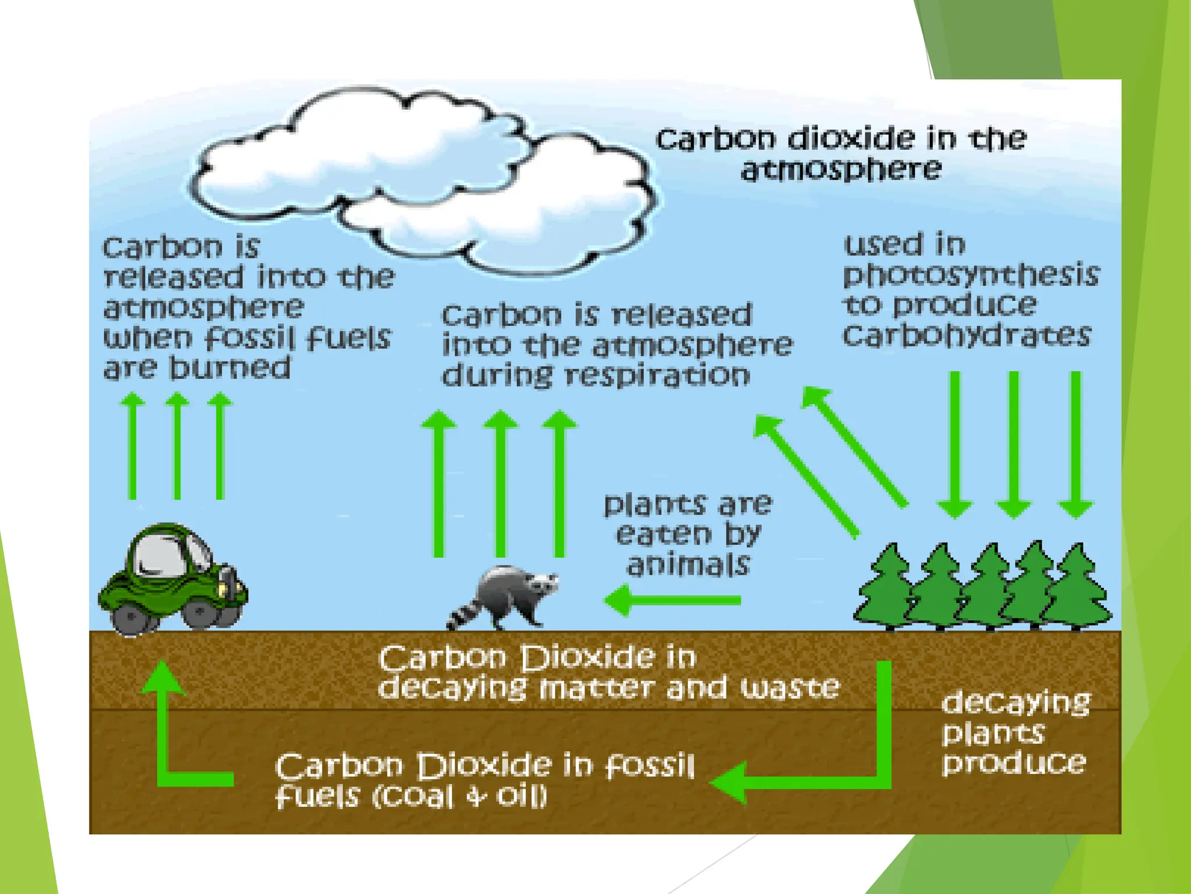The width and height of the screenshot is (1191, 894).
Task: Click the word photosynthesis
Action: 971,275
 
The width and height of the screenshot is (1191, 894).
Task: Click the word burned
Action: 230,368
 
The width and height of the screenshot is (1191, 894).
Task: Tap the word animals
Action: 688,564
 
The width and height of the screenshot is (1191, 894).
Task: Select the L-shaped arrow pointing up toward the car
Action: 174,739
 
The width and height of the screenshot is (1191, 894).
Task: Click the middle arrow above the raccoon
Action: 501,483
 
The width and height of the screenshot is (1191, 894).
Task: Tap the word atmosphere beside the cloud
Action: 841,170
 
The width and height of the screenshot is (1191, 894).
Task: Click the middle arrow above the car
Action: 177,445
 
